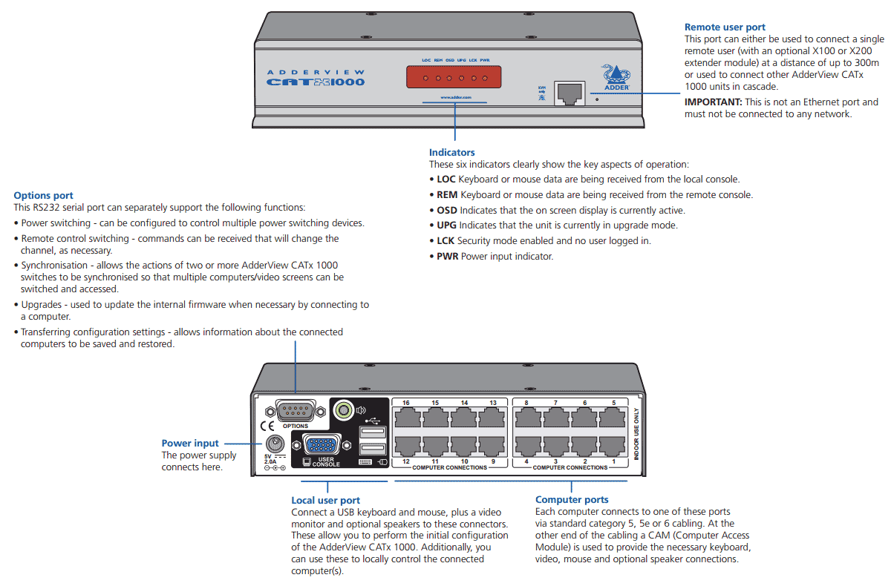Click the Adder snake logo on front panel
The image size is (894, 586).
(618, 73)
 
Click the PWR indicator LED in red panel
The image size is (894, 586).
(485, 77)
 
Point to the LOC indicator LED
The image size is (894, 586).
(425, 77)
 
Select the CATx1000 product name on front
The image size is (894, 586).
(316, 82)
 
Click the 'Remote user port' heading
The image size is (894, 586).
(725, 27)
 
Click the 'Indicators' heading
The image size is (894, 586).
(451, 153)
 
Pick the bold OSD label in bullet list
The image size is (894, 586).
(446, 211)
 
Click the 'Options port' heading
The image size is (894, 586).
(43, 196)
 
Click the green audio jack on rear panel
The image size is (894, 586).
(343, 409)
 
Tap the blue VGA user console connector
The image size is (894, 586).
(320, 446)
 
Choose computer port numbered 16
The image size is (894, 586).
(406, 418)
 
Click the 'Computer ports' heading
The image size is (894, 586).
(571, 500)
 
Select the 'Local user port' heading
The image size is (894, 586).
(325, 501)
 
